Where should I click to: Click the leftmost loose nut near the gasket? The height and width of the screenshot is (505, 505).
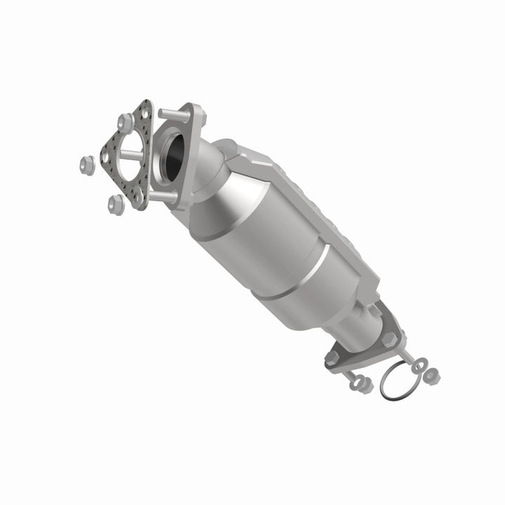(x=88, y=165)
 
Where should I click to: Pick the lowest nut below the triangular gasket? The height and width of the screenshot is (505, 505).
(x=116, y=204)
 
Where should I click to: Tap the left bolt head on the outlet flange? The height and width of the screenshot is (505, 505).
(x=332, y=359)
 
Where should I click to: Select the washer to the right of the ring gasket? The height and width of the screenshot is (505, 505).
(x=419, y=365)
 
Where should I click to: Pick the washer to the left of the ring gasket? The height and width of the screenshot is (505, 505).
(x=353, y=379)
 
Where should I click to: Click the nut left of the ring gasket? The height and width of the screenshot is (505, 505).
(x=363, y=385)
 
